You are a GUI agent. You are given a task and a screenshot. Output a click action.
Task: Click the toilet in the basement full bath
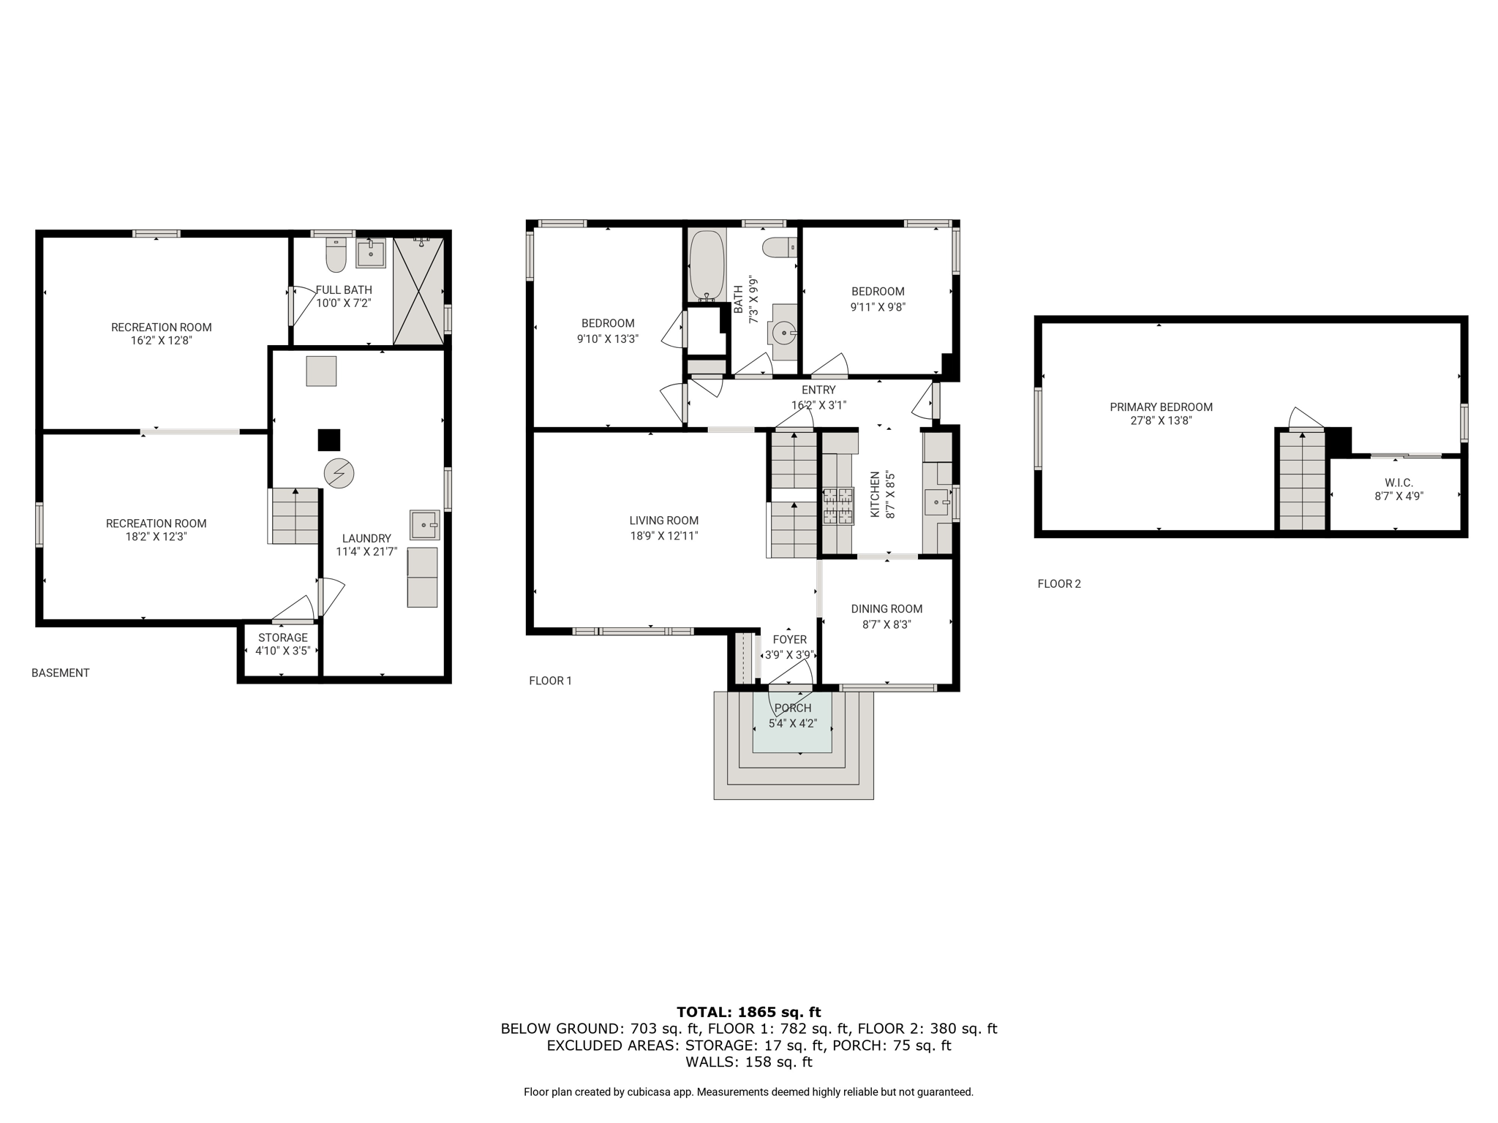[336, 254]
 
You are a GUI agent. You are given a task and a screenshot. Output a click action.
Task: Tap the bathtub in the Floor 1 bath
[707, 265]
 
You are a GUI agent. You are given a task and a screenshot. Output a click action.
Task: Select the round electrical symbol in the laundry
[339, 474]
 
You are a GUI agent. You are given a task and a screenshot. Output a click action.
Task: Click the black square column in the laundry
[329, 439]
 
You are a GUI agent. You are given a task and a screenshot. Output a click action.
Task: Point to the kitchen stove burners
[838, 506]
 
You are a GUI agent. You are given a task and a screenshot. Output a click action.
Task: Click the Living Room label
[663, 521]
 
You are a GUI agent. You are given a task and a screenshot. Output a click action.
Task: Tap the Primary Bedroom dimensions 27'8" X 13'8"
[1161, 420]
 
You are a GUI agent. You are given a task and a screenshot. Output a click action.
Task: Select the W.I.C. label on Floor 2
[1399, 483]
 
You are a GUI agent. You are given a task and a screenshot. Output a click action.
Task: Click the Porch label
[793, 708]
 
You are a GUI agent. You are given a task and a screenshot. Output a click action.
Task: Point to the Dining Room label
[887, 608]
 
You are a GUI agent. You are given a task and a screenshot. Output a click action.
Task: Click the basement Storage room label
[282, 638]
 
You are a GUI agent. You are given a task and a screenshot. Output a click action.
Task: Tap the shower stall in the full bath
[418, 290]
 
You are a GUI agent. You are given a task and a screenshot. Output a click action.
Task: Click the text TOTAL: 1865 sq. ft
[748, 1012]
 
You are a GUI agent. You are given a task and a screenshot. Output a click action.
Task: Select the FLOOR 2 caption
[1059, 583]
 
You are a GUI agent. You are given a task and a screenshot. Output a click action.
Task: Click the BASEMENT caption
[61, 673]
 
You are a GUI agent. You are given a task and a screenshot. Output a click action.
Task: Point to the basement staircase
[295, 515]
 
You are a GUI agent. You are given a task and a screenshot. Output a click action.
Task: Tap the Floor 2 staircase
[1302, 480]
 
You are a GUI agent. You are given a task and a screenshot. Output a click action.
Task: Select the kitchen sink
[936, 502]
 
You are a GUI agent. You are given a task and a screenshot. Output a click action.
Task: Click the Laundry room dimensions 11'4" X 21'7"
[366, 552]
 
